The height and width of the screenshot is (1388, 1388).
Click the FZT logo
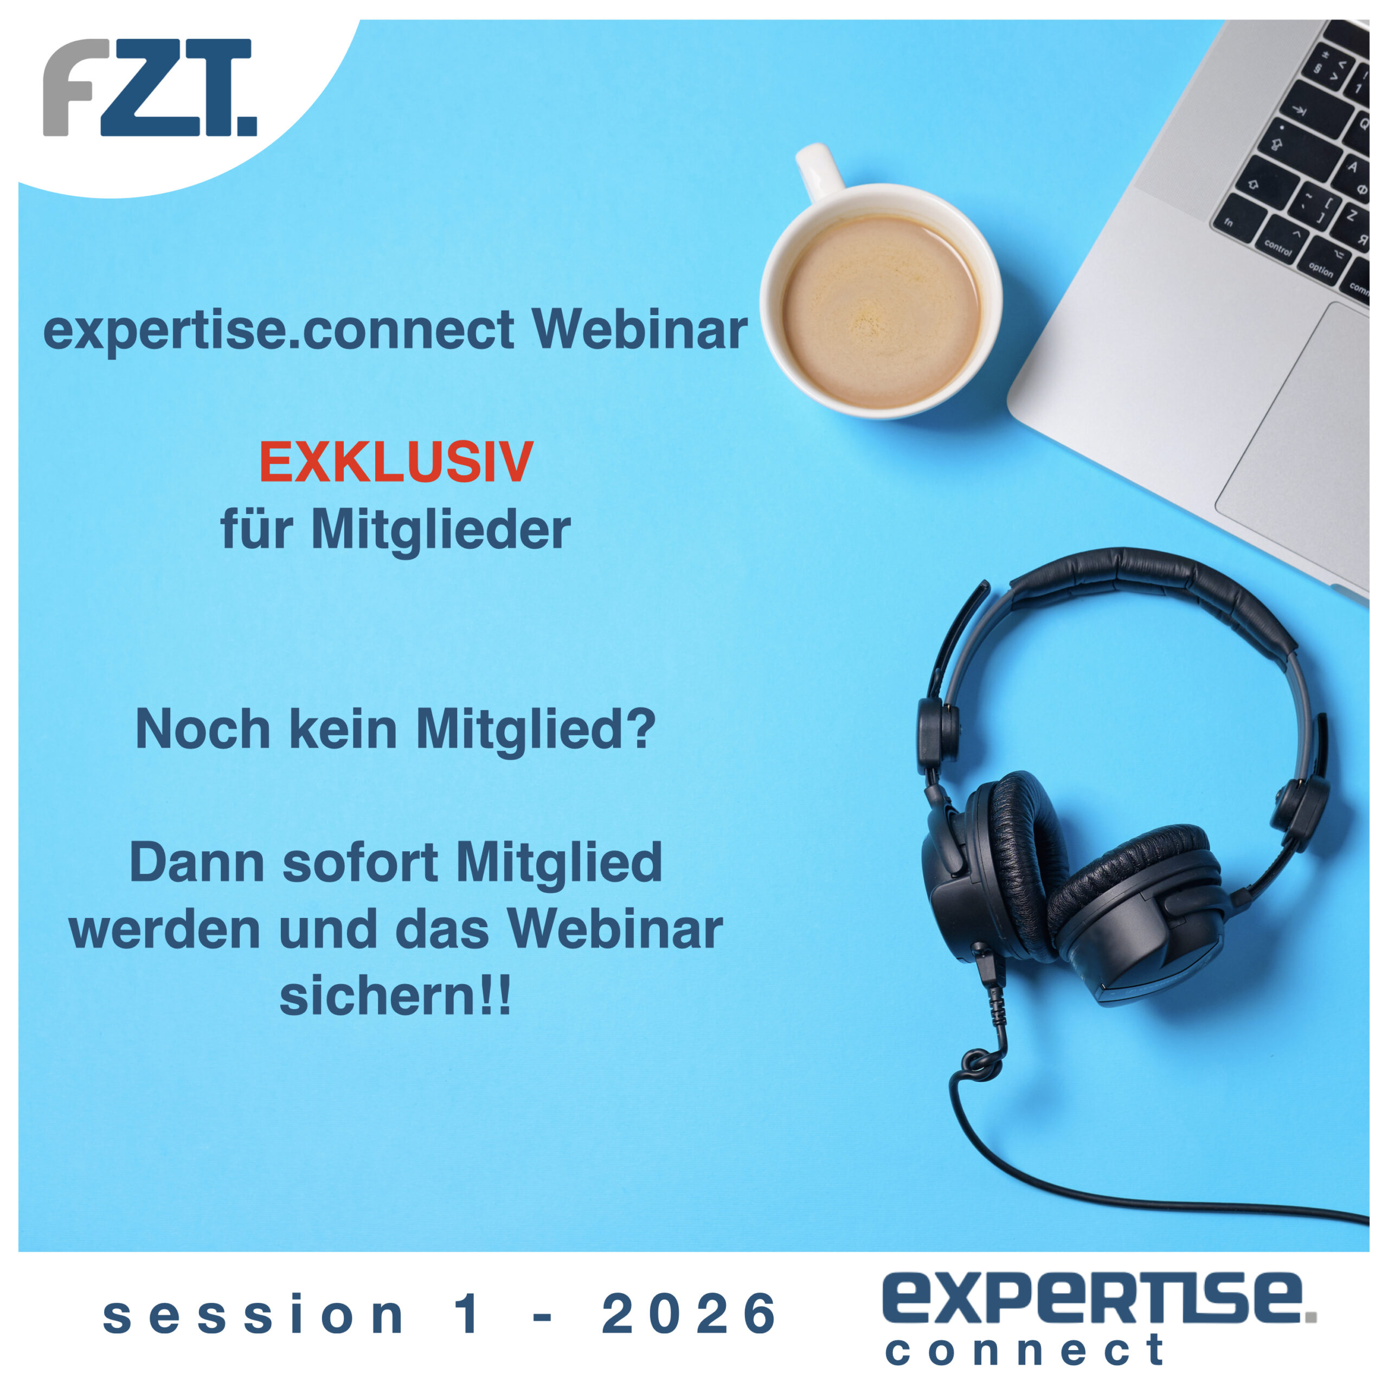[150, 87]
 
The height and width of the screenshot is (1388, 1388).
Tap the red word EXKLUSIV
[396, 462]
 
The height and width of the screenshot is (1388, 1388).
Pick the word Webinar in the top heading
[639, 330]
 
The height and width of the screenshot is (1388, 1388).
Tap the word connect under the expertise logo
[1025, 1350]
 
